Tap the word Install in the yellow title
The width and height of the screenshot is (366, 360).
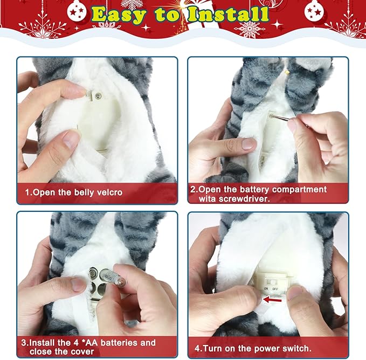(229, 14)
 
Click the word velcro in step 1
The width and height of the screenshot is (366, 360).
(109, 192)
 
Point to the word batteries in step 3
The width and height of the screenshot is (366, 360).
(119, 343)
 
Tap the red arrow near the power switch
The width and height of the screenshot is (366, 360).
(272, 300)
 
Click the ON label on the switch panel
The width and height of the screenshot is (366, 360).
(266, 289)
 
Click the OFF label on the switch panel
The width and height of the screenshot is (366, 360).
(275, 289)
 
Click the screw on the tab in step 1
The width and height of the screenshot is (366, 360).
(98, 95)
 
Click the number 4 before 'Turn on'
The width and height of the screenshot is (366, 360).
(197, 349)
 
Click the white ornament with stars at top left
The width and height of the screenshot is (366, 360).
(77, 11)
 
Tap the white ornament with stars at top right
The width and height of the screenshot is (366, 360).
(314, 11)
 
